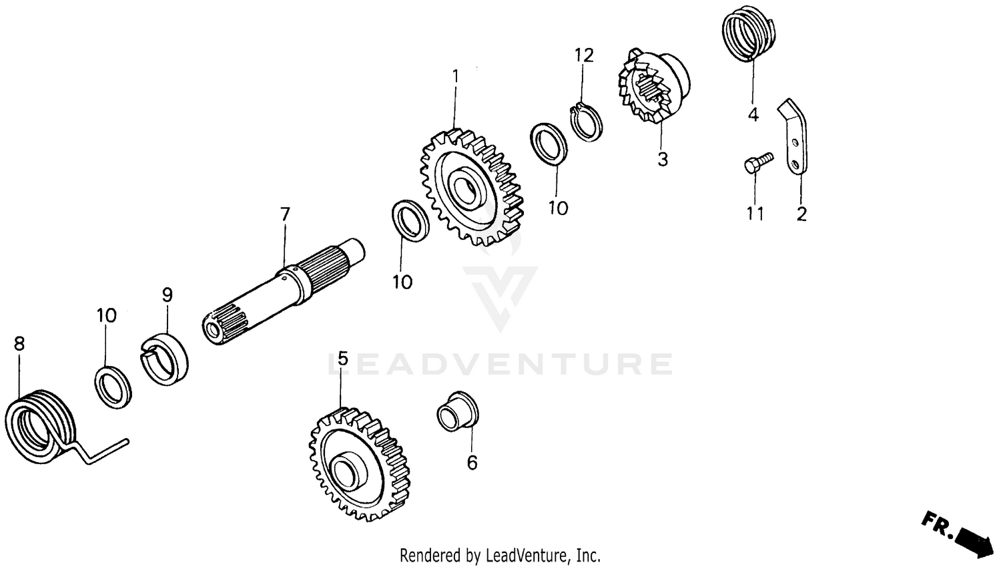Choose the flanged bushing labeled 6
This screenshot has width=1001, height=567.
point(457,411)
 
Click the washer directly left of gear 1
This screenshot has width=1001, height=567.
point(410,221)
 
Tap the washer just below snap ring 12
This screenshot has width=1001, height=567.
point(549,143)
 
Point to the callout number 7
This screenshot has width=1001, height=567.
point(285,214)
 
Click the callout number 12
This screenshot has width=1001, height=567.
point(584,55)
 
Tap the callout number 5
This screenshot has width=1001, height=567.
point(342,359)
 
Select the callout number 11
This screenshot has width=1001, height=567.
point(755,214)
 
